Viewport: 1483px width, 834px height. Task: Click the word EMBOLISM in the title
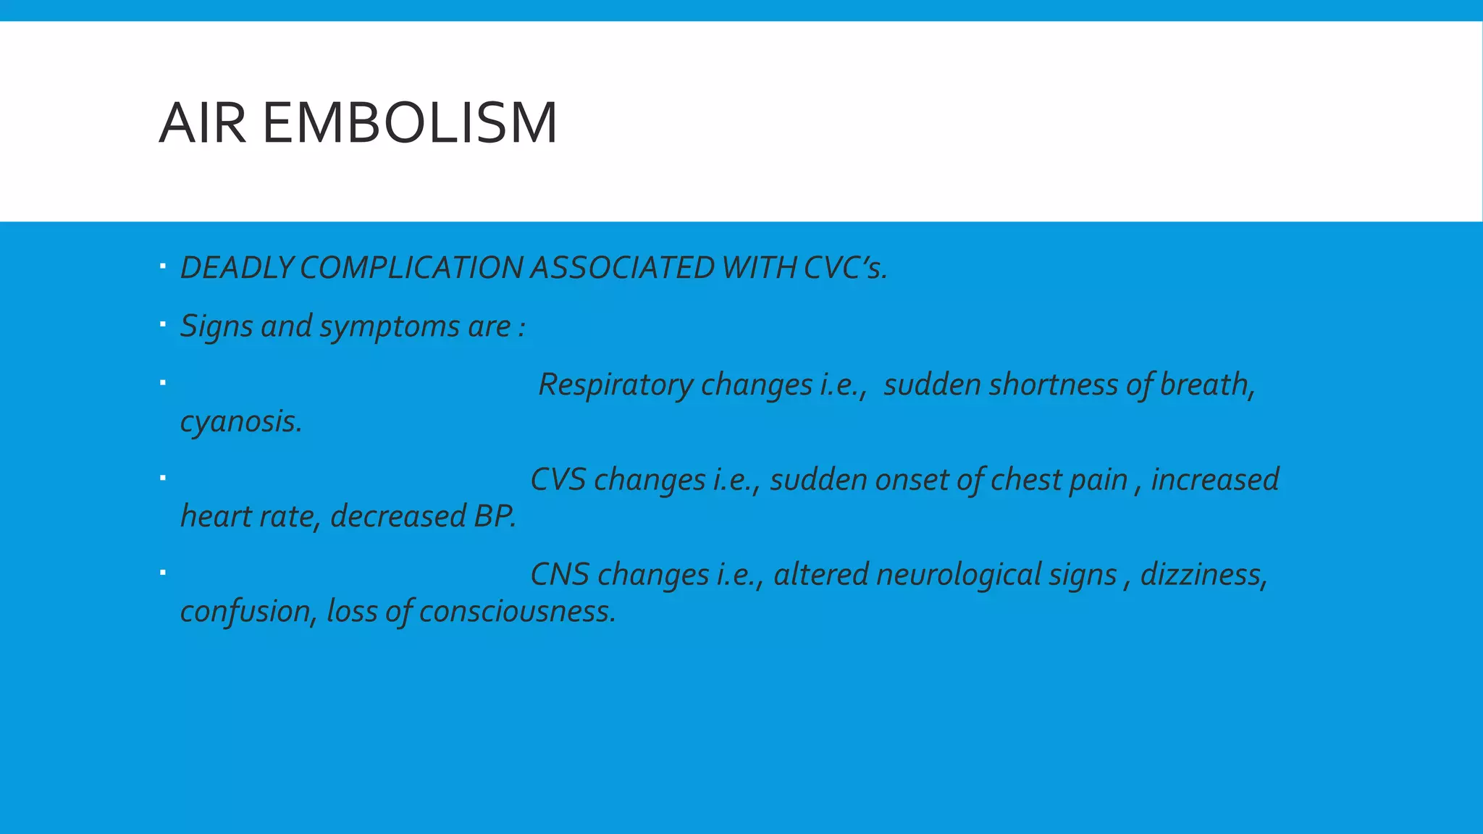(409, 123)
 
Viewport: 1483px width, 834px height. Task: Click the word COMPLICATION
(411, 268)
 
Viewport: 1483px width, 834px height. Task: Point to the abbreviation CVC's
(845, 268)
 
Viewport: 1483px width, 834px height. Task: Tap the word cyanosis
(240, 421)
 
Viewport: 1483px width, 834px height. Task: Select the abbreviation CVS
(558, 479)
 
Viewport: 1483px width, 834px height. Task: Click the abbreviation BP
(495, 516)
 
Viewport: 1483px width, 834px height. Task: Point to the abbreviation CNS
(559, 575)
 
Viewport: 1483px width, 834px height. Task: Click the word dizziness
(1203, 575)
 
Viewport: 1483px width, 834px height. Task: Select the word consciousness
(517, 612)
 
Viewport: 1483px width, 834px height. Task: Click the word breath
(1207, 384)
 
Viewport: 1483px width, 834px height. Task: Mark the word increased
(1215, 479)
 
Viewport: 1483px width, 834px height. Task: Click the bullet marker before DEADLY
(163, 267)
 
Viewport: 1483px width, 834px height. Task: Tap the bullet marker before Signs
(163, 324)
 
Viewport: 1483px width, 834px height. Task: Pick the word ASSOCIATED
(623, 268)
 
